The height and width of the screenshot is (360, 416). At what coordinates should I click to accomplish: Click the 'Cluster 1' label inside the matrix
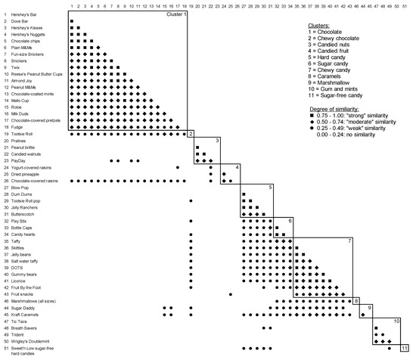(x=175, y=14)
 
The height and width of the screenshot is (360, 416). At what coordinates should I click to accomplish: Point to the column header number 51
(x=408, y=5)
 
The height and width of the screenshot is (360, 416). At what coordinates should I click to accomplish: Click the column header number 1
(x=71, y=5)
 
